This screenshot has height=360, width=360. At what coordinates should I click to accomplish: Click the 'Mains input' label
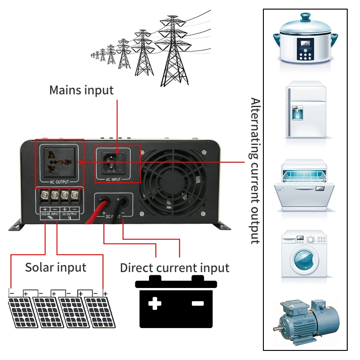(81, 90)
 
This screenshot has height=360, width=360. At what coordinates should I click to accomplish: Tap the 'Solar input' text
(56, 267)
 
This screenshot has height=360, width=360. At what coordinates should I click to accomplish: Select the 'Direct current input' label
(175, 267)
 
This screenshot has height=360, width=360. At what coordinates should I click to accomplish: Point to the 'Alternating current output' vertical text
(255, 170)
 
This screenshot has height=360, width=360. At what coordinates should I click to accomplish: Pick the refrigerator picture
(306, 109)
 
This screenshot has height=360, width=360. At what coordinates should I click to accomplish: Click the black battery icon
(176, 302)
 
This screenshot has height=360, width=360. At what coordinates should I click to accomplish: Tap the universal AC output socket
(59, 162)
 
